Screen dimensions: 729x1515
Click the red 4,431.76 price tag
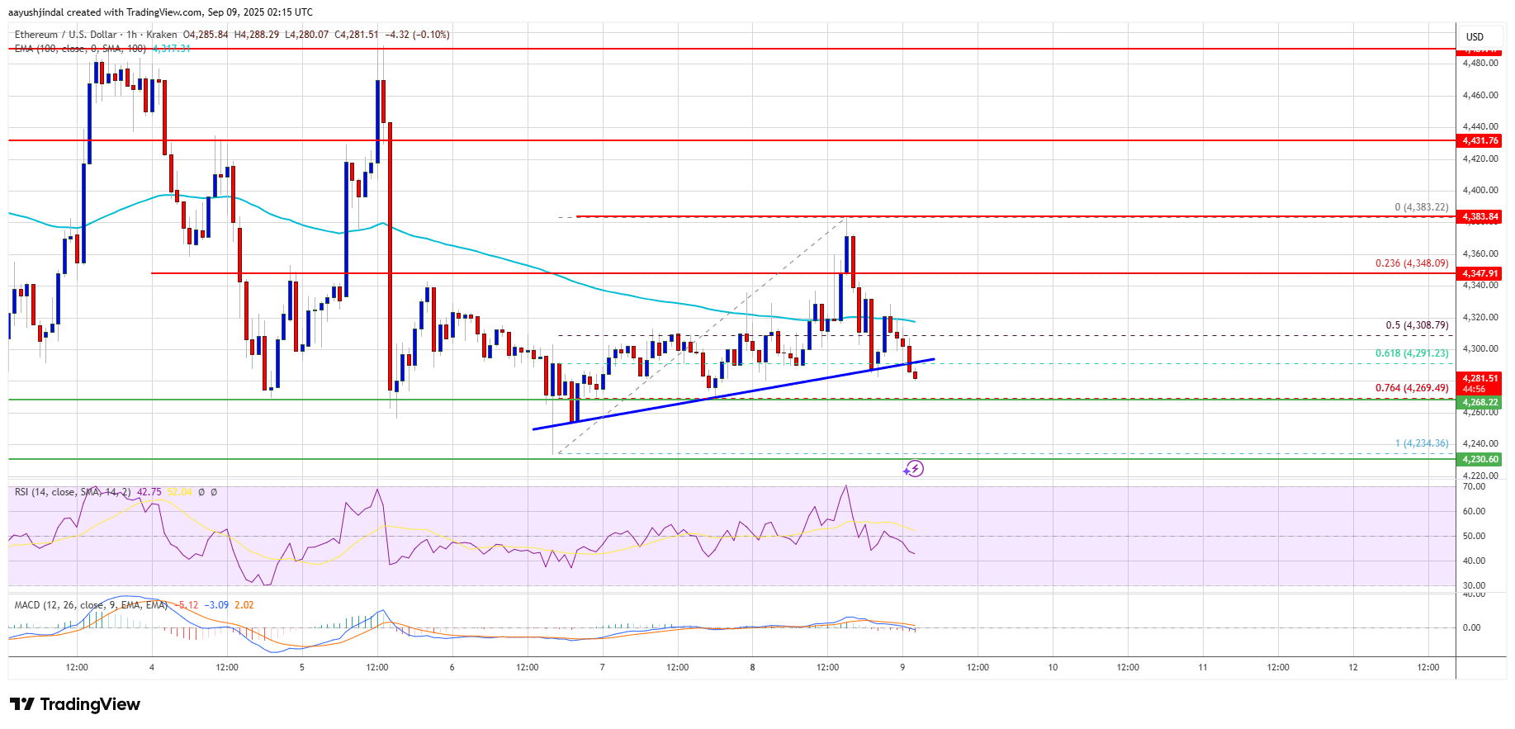tap(1479, 140)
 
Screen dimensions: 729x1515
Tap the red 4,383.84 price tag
tap(1479, 216)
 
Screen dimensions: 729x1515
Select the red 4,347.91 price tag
tap(1479, 273)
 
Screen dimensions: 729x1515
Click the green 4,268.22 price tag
tap(1479, 402)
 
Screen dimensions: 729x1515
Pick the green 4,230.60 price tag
tap(1479, 459)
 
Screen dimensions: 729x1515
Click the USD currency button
tap(1475, 36)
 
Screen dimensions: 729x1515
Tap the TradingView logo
tap(75, 704)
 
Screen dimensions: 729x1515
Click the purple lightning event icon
tap(913, 469)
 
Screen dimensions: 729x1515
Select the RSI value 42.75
tap(149, 492)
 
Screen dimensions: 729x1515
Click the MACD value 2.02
tap(244, 605)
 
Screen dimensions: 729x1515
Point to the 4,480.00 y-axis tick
tap(1479, 63)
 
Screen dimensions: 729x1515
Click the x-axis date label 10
tap(1053, 667)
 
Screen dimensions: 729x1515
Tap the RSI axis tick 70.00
tap(1474, 486)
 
